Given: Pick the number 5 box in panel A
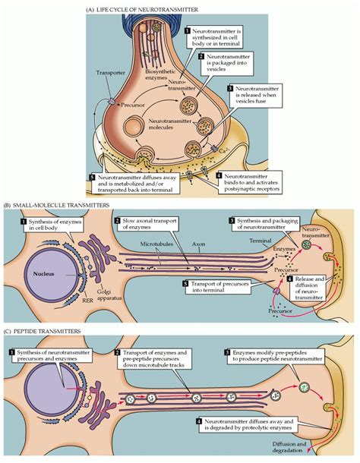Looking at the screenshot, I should pos(93,178).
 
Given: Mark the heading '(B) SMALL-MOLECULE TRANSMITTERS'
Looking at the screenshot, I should pos(54,205).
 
